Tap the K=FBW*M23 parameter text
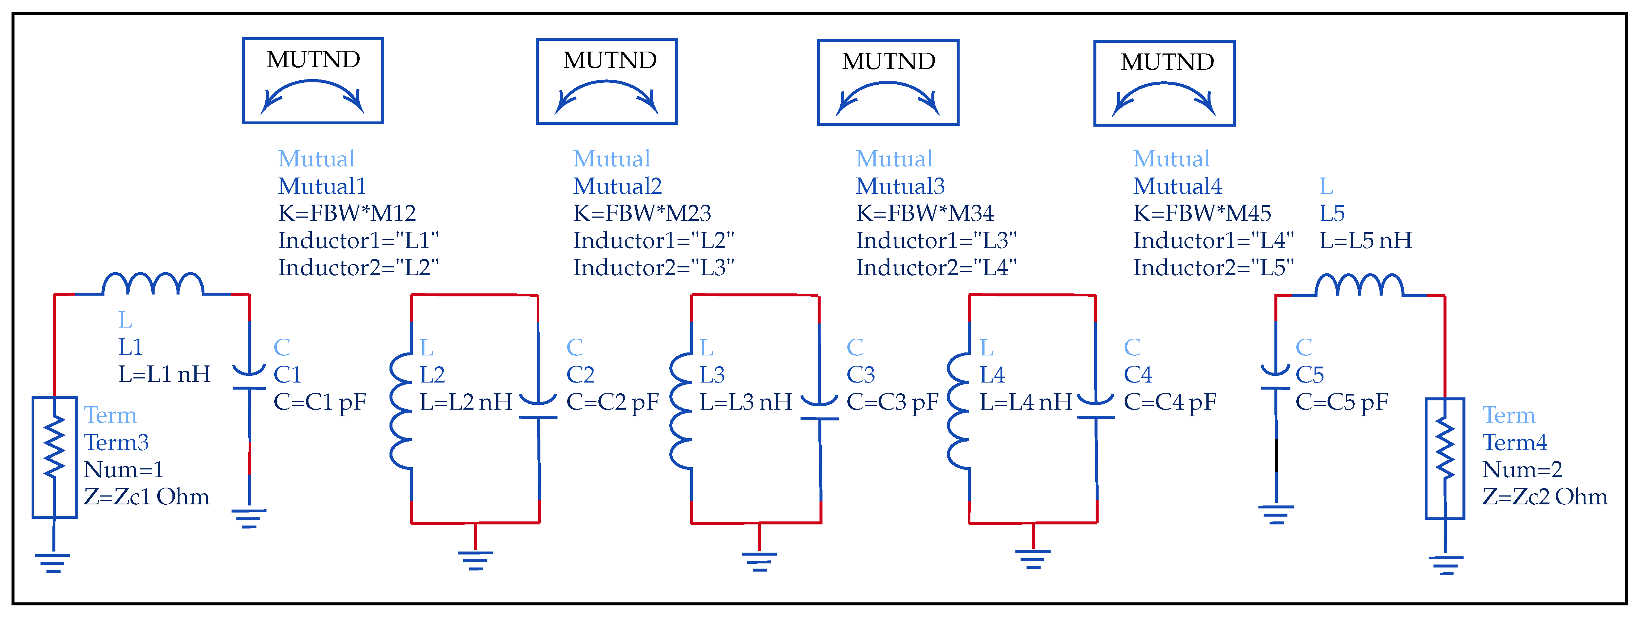point(642,213)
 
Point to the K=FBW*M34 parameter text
point(924,213)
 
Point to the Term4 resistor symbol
point(1445,458)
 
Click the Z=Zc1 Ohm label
point(146,497)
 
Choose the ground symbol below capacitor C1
point(249,518)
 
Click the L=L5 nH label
point(1365,240)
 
